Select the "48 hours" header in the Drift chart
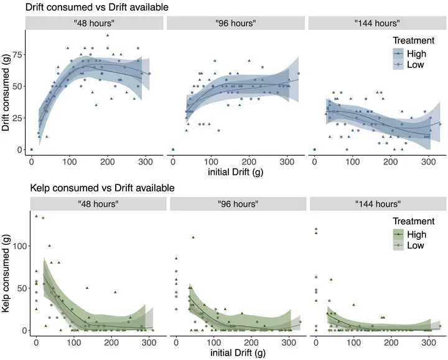click(x=94, y=23)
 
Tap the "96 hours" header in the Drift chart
click(x=235, y=23)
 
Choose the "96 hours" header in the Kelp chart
click(x=236, y=204)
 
